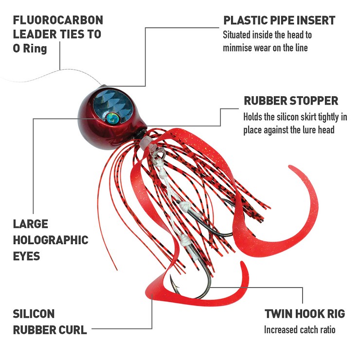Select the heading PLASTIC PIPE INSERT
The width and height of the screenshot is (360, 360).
[279, 20]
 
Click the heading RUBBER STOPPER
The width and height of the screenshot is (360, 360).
[291, 101]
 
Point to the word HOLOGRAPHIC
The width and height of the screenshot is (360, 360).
[51, 240]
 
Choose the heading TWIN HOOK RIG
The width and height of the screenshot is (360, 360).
[305, 314]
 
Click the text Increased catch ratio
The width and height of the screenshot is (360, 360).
[300, 330]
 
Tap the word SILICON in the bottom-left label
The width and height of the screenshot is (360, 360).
[34, 314]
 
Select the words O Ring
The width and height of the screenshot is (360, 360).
[30, 49]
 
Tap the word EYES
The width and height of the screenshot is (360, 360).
[26, 256]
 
